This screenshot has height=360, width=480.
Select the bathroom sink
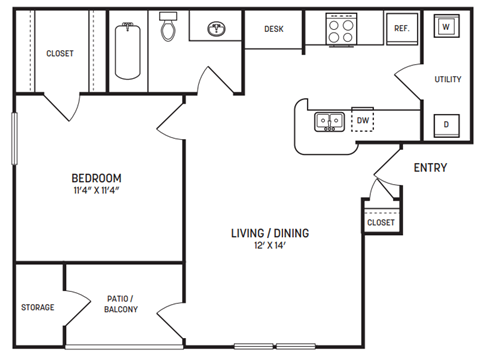tap(216, 30)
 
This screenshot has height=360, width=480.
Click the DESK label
tap(274, 29)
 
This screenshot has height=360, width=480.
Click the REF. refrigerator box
tap(401, 29)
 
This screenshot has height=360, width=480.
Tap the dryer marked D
tap(445, 124)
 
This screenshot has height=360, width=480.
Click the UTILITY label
tap(446, 79)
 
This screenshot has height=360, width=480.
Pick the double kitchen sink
tap(329, 122)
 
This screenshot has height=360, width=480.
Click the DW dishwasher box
tap(363, 121)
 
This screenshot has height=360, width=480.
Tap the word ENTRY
tap(430, 168)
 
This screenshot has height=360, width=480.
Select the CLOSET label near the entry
tap(381, 222)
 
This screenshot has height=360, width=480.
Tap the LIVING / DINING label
tap(271, 233)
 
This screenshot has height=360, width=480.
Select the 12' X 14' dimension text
tap(271, 248)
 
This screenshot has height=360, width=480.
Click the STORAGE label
tap(37, 307)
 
